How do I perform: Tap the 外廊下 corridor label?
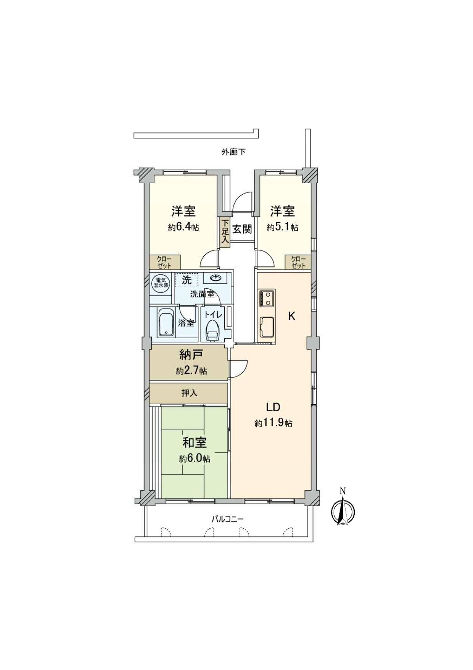[x=233, y=152]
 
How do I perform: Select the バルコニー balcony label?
[x=227, y=519]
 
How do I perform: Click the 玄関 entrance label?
[x=242, y=229]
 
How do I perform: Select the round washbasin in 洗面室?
[x=216, y=278]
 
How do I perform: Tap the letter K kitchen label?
[x=291, y=316]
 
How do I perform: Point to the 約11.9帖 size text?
[x=274, y=423]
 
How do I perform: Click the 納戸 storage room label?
[x=191, y=356]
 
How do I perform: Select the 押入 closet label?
[x=189, y=393]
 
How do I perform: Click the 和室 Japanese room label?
[x=195, y=443]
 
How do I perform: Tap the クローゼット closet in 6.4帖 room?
[x=164, y=262]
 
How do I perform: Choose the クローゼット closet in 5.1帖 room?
[x=298, y=262]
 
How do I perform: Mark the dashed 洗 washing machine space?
[x=187, y=280]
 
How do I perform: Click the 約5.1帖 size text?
[x=282, y=228]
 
